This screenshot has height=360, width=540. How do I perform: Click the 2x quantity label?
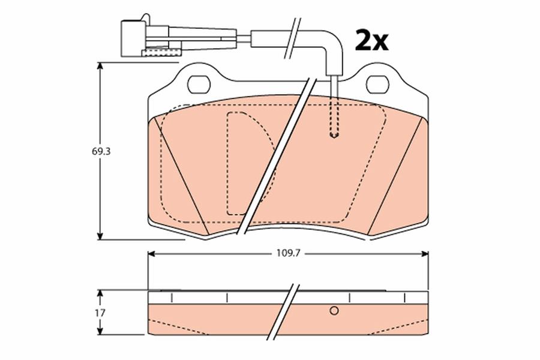tap(371, 41)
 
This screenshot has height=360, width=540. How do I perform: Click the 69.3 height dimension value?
tap(101, 152)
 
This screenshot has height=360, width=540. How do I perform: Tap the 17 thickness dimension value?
tap(101, 313)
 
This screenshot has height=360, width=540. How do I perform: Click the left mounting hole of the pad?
tap(199, 85)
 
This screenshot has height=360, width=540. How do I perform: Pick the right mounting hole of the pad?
tap(377, 85)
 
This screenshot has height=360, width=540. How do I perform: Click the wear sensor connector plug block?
tap(133, 38)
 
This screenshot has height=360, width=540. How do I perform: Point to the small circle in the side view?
tap(334, 311)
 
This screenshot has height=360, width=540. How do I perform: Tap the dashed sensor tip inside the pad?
tap(334, 134)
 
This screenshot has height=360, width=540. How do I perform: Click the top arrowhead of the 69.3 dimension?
tap(100, 66)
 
